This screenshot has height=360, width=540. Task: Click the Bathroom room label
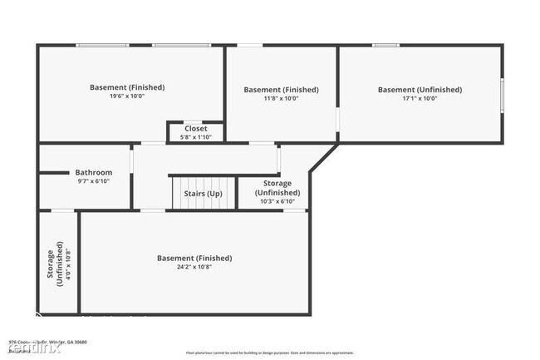click(93, 173)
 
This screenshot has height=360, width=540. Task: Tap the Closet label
click(196, 129)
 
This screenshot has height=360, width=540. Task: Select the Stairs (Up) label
click(203, 194)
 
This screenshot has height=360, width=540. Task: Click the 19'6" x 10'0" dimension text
click(127, 96)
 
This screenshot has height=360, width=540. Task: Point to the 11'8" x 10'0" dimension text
click(281, 98)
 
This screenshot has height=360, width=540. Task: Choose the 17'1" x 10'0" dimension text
click(420, 98)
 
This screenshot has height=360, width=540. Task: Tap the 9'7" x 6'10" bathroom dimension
click(94, 181)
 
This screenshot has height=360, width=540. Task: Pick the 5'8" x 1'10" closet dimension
click(196, 137)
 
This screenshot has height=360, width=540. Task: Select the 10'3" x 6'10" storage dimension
click(277, 201)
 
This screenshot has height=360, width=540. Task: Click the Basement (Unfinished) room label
click(420, 90)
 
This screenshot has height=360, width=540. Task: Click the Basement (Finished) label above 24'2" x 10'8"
click(194, 259)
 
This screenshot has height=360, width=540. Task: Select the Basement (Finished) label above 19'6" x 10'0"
click(127, 87)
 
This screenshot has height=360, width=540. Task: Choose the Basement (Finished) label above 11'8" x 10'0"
click(281, 90)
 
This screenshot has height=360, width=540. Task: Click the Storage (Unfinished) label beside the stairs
click(277, 187)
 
